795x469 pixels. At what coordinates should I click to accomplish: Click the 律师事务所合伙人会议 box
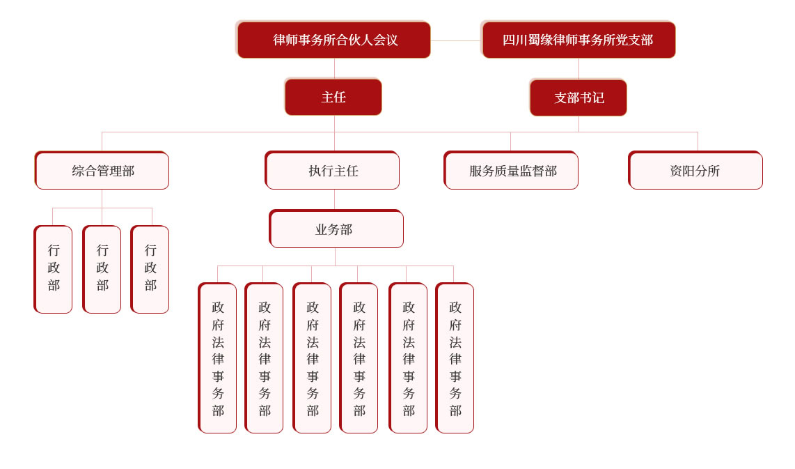[333, 40]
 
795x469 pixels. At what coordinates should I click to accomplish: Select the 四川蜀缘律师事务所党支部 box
[578, 40]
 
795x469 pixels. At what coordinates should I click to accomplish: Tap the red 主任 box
[333, 97]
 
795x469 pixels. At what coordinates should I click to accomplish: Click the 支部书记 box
[578, 98]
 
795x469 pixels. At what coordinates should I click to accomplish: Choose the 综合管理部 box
[102, 171]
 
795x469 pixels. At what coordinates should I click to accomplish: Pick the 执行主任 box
[332, 171]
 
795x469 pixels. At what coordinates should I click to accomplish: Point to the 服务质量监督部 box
[511, 171]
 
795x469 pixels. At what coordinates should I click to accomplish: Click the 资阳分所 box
[695, 171]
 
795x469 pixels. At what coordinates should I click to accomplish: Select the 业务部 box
[336, 229]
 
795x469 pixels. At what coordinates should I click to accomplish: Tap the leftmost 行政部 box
[53, 269]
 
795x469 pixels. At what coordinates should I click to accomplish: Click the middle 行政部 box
[102, 269]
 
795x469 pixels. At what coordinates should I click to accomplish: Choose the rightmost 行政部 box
[150, 269]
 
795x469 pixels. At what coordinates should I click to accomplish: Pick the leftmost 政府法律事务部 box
[217, 357]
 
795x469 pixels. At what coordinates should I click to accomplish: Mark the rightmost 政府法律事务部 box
[455, 357]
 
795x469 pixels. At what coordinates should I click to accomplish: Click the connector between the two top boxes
[456, 40]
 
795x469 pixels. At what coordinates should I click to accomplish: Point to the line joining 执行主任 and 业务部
[335, 199]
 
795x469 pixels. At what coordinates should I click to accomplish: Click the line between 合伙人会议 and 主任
[334, 68]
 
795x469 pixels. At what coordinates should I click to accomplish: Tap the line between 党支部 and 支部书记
[578, 69]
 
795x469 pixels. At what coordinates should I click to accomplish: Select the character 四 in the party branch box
[509, 40]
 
